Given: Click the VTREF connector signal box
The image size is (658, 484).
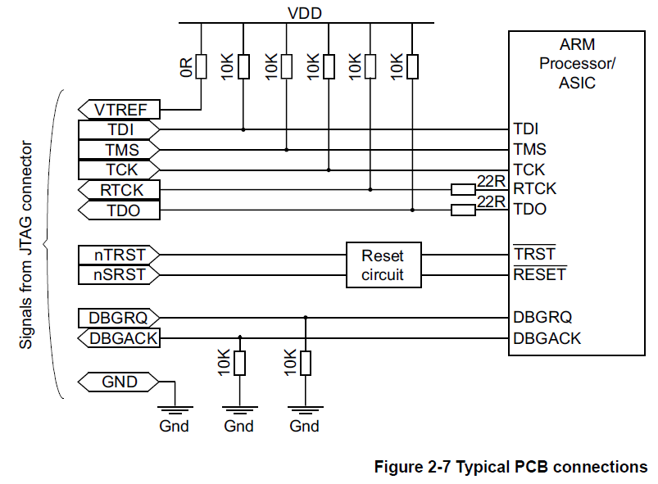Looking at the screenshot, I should [119, 109].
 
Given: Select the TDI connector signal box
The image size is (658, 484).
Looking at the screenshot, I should [119, 129].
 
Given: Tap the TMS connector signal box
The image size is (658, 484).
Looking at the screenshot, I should [119, 150].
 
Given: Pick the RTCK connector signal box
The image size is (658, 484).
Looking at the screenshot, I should [119, 190].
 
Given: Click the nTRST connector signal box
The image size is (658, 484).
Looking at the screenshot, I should [119, 255].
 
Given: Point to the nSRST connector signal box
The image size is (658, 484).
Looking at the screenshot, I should [119, 275].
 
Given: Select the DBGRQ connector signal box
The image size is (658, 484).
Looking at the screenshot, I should [119, 317].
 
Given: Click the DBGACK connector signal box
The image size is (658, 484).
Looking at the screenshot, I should [119, 337].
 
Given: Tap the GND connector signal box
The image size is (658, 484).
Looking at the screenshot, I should [119, 382].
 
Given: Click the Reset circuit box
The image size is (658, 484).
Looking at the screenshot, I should [383, 265].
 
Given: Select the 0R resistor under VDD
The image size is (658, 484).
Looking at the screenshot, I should [202, 66].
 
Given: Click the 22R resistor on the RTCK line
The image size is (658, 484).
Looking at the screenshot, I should [463, 190].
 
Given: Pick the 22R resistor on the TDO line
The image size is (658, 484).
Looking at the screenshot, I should [463, 210].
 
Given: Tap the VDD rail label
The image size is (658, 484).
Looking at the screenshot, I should [305, 12].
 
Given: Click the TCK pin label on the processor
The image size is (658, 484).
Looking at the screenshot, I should [529, 170].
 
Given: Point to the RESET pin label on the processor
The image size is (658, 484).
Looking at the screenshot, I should [539, 274].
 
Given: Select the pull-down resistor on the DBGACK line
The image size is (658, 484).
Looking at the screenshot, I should [239, 363].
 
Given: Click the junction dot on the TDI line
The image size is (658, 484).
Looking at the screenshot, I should [243, 129].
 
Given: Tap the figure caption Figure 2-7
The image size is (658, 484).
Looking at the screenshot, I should [511, 467].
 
